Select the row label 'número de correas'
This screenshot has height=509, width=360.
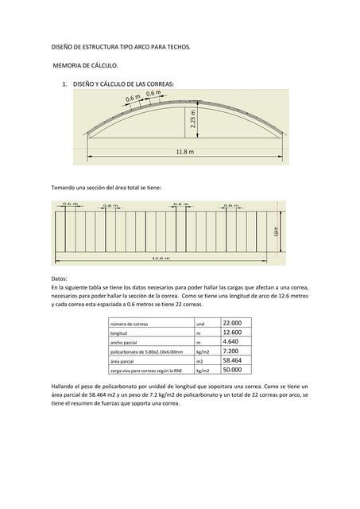point(130,324)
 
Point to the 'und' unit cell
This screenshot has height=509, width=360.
point(200,324)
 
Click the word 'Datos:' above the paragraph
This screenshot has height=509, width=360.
point(60,278)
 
